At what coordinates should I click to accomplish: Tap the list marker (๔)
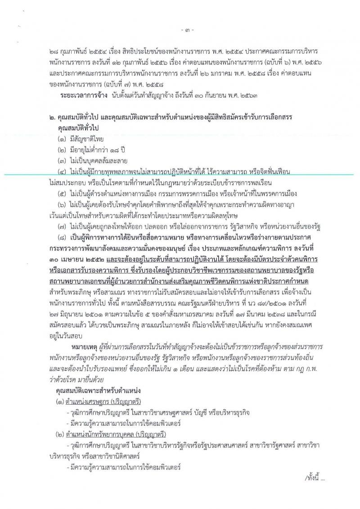[x=62, y=172]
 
